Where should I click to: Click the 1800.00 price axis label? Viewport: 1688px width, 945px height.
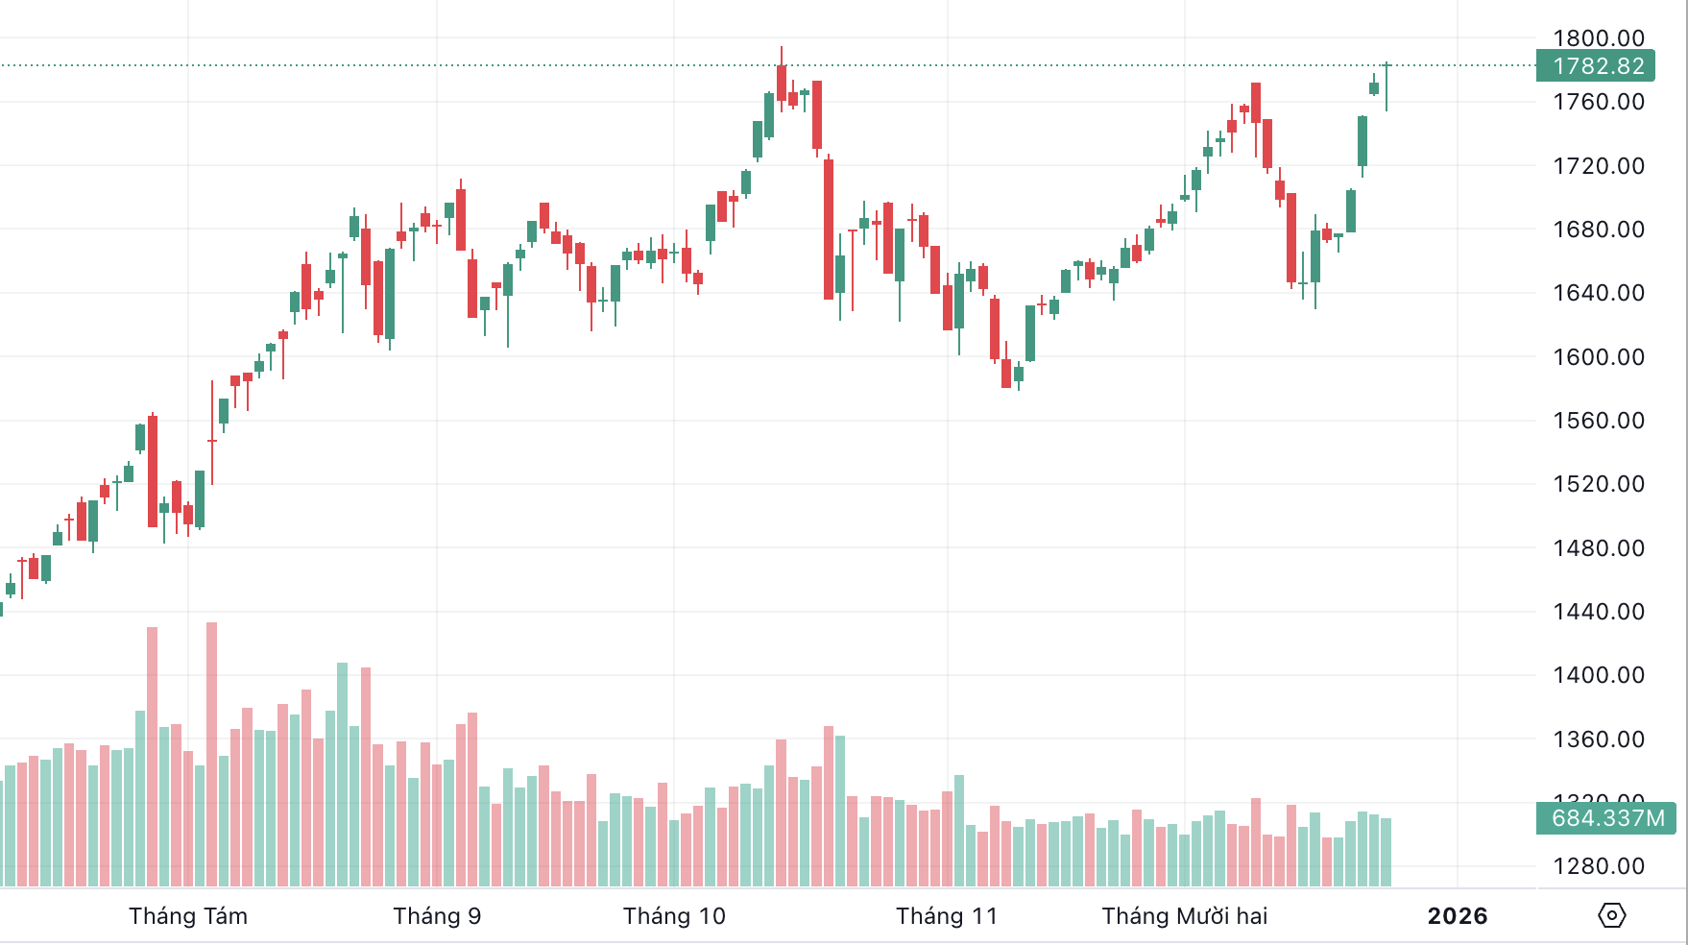coord(1599,38)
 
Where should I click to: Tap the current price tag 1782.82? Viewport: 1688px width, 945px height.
coord(1599,66)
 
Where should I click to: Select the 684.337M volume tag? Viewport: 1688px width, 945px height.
coord(1607,818)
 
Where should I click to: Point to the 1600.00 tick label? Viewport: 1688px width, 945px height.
coord(1599,357)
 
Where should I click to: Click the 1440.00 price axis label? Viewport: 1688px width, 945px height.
coord(1599,612)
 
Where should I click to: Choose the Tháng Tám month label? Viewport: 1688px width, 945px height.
coord(188,916)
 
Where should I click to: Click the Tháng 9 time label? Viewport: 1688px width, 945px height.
coord(437,916)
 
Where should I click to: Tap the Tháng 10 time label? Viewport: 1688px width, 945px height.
coord(674,916)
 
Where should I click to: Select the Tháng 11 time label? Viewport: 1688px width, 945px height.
coord(947,916)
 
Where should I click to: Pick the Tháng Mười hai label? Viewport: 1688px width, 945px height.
coord(1185,916)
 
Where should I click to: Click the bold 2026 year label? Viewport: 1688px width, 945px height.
coord(1458,916)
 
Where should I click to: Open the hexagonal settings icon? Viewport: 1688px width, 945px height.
coord(1612,915)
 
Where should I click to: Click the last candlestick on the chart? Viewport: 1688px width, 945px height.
coord(1387,86)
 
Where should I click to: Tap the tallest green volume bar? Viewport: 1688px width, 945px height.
coord(343,773)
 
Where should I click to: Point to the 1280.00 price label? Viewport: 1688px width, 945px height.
coord(1599,866)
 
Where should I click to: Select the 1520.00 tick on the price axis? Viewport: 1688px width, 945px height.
coord(1599,484)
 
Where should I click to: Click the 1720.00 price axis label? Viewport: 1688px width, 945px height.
coord(1599,166)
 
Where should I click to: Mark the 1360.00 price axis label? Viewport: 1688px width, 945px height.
coord(1599,739)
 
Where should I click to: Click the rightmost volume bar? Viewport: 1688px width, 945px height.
coord(1387,852)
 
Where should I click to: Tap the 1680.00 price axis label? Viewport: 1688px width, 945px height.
coord(1599,230)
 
